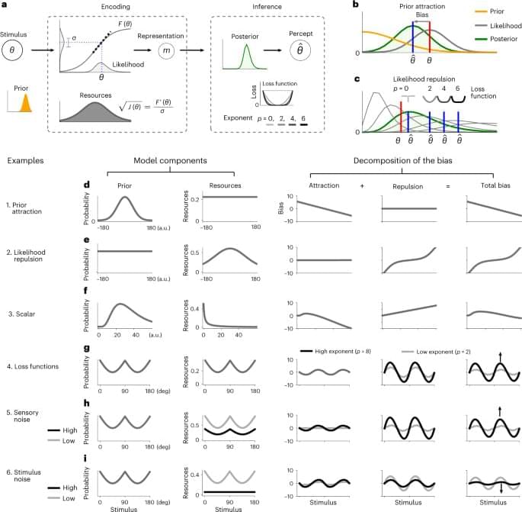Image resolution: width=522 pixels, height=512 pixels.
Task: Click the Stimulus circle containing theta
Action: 16,52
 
